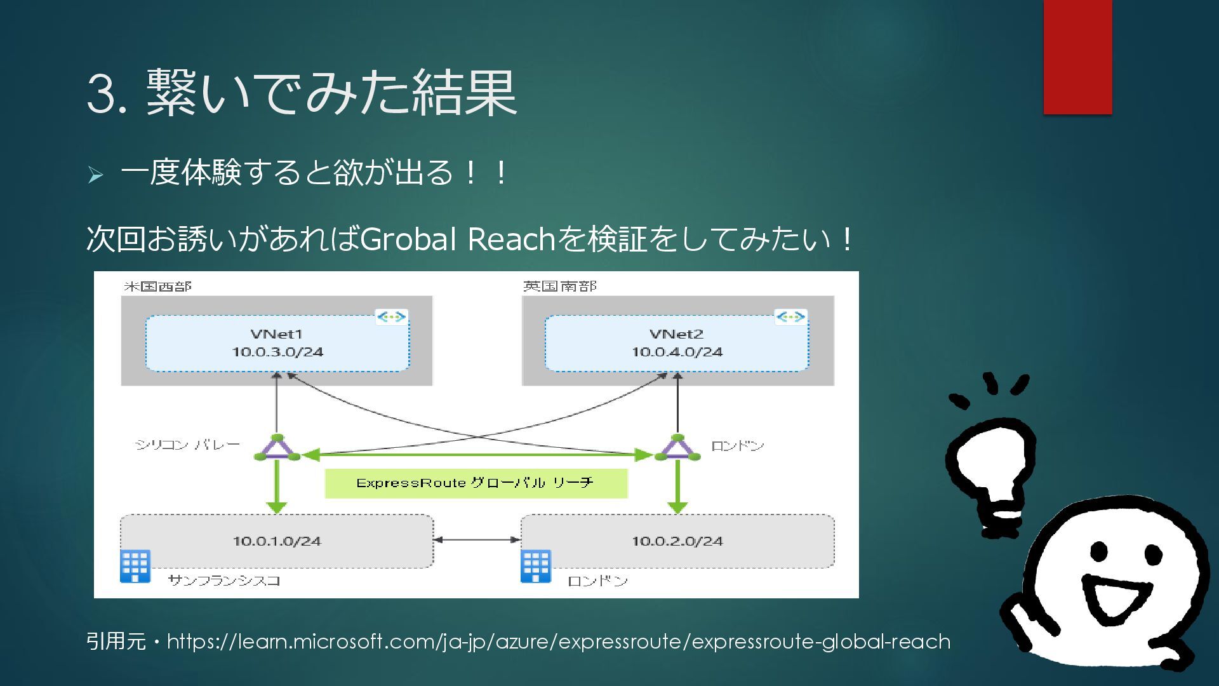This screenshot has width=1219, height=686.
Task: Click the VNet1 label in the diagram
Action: click(276, 334)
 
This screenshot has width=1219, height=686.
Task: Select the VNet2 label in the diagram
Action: click(676, 334)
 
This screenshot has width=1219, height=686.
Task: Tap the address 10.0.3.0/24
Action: click(277, 352)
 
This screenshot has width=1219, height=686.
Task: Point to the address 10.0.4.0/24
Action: click(677, 352)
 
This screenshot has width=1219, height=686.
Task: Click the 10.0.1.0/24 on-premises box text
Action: click(277, 541)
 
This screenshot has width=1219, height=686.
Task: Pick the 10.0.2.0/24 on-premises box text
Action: click(677, 541)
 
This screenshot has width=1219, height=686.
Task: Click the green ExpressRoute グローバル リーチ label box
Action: click(476, 483)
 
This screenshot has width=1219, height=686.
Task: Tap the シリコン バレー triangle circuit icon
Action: click(277, 448)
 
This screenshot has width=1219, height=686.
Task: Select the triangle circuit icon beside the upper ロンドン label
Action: click(677, 448)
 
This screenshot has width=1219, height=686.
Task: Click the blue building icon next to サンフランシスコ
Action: click(135, 566)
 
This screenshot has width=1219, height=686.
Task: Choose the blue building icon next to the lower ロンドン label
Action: click(536, 566)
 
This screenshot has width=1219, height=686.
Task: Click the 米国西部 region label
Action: click(157, 286)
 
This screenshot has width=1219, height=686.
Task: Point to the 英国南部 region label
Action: click(559, 286)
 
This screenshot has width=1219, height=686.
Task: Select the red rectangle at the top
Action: click(1077, 57)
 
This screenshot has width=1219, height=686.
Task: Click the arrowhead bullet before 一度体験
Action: click(95, 175)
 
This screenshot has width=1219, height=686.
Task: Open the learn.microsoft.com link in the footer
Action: click(558, 642)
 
